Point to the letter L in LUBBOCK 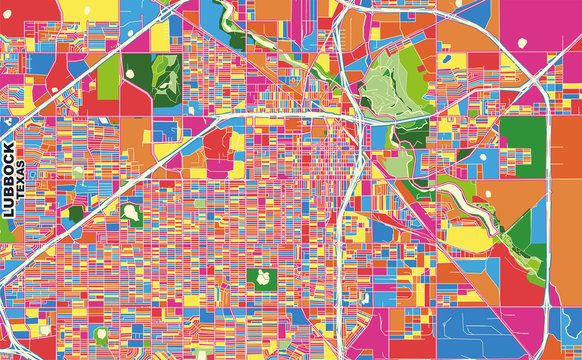click(10, 211)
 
